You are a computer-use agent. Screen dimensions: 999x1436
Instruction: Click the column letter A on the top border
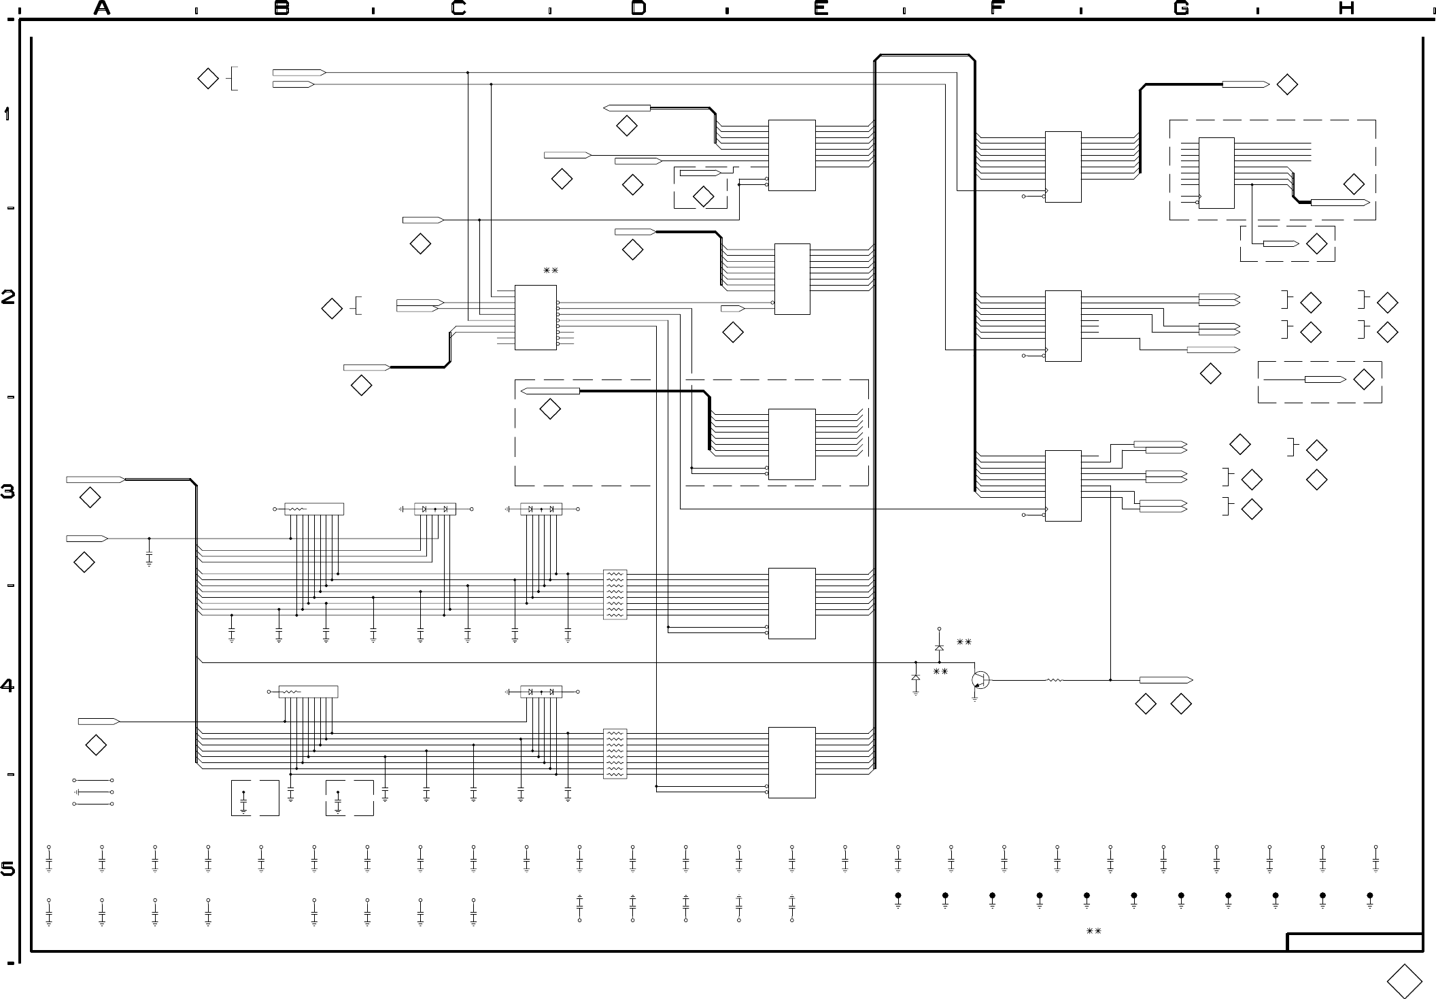[x=102, y=8]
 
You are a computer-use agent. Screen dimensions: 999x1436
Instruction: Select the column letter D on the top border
[x=638, y=8]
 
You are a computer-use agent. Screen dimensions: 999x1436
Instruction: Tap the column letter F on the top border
[x=997, y=8]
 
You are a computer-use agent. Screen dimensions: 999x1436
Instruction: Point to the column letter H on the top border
[x=1346, y=8]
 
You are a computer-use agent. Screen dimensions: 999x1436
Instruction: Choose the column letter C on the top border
[x=459, y=8]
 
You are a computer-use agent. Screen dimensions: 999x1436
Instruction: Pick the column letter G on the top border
[x=1181, y=8]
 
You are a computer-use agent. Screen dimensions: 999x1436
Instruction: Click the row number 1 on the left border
[x=7, y=114]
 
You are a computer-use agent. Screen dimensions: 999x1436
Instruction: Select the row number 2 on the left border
[x=8, y=297]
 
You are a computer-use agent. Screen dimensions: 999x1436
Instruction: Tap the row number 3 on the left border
[x=8, y=492]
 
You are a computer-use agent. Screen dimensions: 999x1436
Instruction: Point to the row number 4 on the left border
[x=8, y=685]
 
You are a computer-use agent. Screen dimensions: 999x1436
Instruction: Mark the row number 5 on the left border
[x=8, y=869]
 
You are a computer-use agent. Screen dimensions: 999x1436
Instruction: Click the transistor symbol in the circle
[x=980, y=679]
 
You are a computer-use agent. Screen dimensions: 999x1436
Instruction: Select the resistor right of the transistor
[x=1054, y=679]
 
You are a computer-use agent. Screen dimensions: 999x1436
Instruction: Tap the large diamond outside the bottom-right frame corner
[x=1404, y=981]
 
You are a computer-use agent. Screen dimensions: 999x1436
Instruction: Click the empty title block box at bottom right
[x=1354, y=943]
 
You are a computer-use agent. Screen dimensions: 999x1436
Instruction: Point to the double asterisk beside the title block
[x=1093, y=932]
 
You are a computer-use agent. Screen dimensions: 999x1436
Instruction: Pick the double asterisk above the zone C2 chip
[x=550, y=271]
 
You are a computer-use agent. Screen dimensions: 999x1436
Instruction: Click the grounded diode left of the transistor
[x=915, y=678]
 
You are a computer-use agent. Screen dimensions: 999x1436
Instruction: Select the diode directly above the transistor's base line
[x=939, y=647]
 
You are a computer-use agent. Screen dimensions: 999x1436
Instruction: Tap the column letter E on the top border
[x=821, y=8]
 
